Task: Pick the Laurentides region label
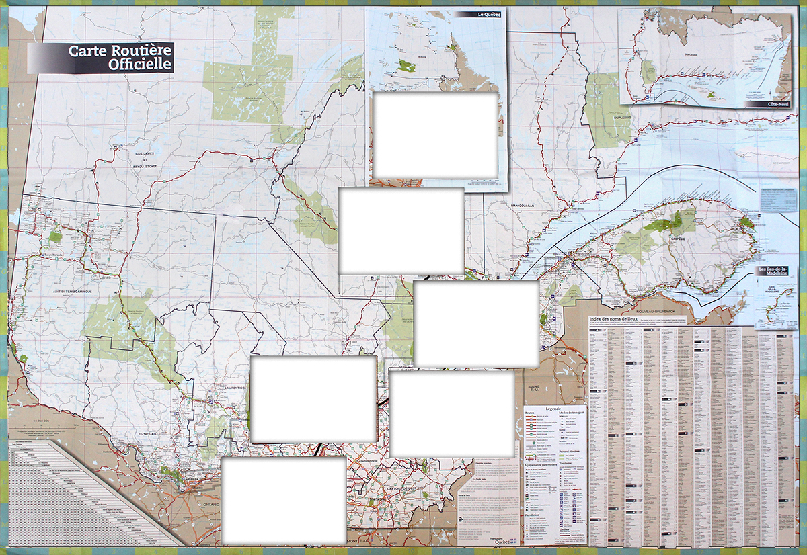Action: click(234, 388)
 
